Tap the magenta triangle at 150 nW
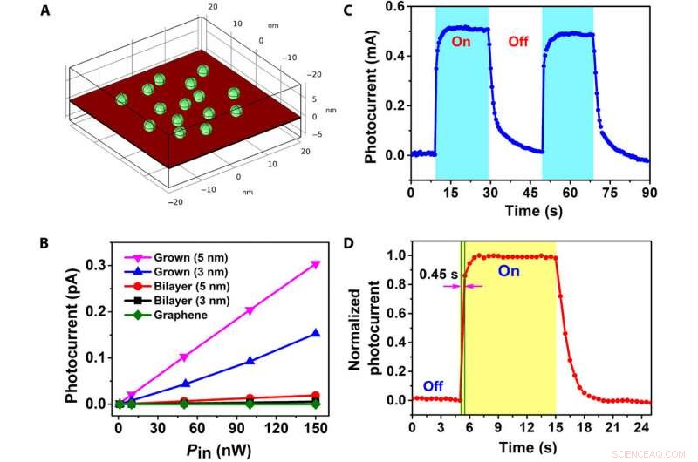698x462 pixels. pos(315,264)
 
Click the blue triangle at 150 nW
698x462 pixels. pos(315,332)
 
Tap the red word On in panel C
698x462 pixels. pos(462,40)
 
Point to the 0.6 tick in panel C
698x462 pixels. pos(395,7)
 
